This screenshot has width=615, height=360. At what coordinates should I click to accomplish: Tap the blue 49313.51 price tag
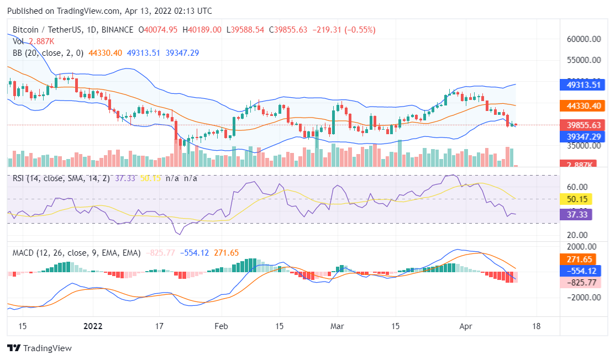(x=582, y=85)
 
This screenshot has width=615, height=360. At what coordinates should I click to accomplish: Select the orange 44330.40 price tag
(x=582, y=105)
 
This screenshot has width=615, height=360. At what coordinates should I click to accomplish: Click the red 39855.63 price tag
(x=582, y=125)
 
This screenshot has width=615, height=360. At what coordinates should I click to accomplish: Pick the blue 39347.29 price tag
(x=582, y=136)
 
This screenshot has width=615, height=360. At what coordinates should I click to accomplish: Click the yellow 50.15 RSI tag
(x=575, y=199)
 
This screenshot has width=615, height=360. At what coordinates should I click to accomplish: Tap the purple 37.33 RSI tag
(x=575, y=214)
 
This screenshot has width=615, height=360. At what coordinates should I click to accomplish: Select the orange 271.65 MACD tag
(x=579, y=259)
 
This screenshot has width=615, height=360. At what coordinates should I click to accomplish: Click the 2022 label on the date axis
(x=93, y=326)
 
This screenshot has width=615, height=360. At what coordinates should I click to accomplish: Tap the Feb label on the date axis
(x=221, y=326)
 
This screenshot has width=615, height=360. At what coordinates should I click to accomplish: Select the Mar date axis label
(x=337, y=326)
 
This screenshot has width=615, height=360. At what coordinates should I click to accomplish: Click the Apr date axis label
(x=466, y=326)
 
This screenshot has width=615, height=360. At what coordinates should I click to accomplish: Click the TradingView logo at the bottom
(x=39, y=348)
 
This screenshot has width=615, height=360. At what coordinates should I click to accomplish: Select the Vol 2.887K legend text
(x=33, y=41)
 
